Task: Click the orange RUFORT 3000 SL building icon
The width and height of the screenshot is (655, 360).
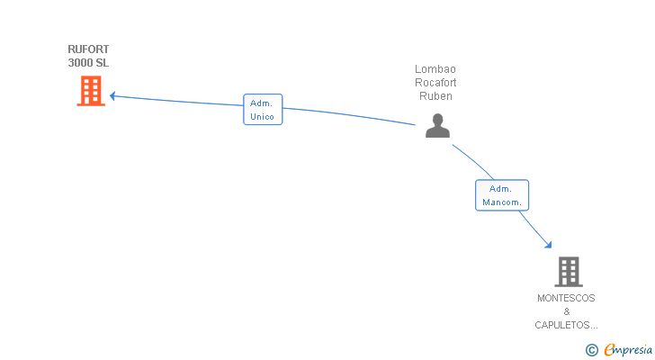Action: (x=91, y=91)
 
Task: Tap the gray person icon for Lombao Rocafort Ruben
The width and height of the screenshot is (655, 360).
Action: (x=437, y=125)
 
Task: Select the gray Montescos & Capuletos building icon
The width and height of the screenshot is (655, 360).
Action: (x=569, y=272)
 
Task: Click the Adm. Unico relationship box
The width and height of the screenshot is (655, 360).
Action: (x=263, y=110)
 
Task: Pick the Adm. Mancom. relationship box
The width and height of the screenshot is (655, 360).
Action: (x=502, y=195)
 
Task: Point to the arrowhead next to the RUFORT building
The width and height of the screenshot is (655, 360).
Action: (x=112, y=96)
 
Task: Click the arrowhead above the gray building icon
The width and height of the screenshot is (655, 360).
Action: (x=549, y=245)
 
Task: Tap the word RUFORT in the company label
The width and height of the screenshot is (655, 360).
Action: (x=88, y=49)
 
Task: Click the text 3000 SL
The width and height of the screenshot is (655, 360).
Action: (x=88, y=63)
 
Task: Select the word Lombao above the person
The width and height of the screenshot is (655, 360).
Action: (x=435, y=69)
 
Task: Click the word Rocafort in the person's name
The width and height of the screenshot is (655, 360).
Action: (x=435, y=82)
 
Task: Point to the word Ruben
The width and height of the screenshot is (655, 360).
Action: (x=435, y=96)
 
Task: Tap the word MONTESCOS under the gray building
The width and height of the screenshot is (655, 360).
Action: (x=566, y=298)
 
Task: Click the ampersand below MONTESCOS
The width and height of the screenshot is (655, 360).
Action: (x=567, y=311)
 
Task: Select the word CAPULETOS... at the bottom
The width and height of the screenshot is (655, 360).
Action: (x=566, y=325)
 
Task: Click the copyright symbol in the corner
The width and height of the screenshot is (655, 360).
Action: (x=592, y=350)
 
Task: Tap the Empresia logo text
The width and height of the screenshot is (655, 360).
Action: (x=628, y=350)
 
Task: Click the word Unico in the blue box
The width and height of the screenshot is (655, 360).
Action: (x=263, y=116)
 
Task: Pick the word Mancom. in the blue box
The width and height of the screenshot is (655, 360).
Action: (x=502, y=202)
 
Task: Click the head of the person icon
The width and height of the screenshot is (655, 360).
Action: (x=438, y=119)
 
